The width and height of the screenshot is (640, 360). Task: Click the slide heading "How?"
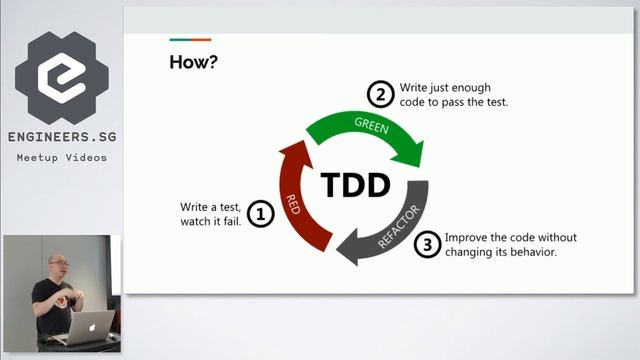pyautogui.click(x=194, y=62)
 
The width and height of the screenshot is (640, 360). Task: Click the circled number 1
pyautogui.click(x=260, y=214)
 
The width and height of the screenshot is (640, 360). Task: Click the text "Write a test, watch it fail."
pyautogui.click(x=210, y=214)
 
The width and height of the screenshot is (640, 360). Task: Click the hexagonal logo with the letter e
pyautogui.click(x=61, y=75)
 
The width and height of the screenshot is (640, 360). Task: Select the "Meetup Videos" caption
pyautogui.click(x=61, y=158)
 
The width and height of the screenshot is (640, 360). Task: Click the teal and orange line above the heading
pyautogui.click(x=189, y=41)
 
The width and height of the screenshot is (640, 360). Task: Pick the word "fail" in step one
pyautogui.click(x=231, y=221)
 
